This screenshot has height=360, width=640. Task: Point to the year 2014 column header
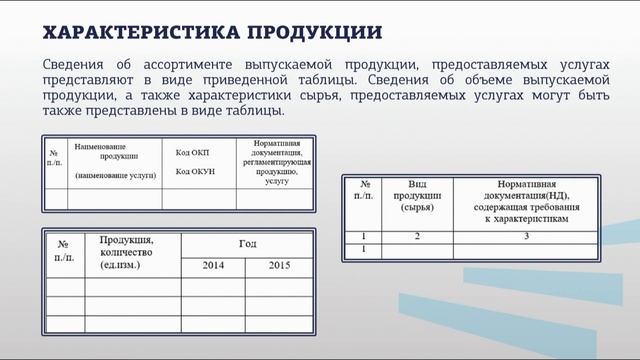(x=213, y=266)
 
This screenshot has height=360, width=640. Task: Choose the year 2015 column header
(x=280, y=266)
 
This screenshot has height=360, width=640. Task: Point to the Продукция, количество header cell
(x=126, y=253)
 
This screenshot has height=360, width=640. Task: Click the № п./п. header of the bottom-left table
(x=62, y=252)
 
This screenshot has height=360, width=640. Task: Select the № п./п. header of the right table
(x=363, y=191)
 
